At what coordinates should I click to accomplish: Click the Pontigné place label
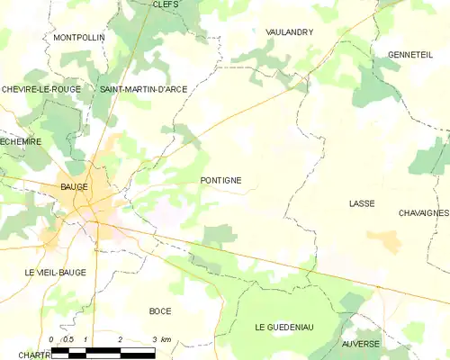click(220, 180)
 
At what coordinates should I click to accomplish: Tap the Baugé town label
click(74, 186)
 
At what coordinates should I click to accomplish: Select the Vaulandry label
click(290, 31)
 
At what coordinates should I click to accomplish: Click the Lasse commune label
click(362, 203)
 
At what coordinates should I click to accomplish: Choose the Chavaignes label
click(423, 212)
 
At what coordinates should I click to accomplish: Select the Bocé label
click(160, 310)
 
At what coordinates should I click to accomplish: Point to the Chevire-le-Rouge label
click(41, 89)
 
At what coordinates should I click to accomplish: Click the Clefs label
click(166, 4)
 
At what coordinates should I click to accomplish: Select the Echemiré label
click(17, 142)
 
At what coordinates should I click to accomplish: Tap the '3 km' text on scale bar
click(160, 338)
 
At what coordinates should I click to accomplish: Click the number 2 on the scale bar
click(120, 338)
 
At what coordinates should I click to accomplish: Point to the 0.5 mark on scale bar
click(67, 338)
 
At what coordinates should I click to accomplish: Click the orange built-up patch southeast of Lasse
click(385, 240)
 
